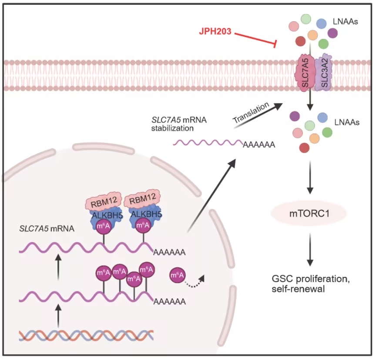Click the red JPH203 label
(x=215, y=31)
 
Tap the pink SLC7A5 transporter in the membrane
(x=305, y=73)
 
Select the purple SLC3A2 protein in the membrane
(x=323, y=72)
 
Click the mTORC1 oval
(x=309, y=213)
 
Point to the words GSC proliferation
(x=311, y=279)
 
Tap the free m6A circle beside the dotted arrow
(x=177, y=275)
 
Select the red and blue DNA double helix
(x=86, y=335)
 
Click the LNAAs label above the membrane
(x=345, y=22)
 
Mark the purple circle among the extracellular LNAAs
(x=332, y=33)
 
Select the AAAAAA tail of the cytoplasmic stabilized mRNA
(x=259, y=145)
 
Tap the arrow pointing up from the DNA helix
(x=58, y=315)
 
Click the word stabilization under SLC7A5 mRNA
(x=172, y=128)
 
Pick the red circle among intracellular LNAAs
(x=304, y=147)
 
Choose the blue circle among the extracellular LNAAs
(x=321, y=23)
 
